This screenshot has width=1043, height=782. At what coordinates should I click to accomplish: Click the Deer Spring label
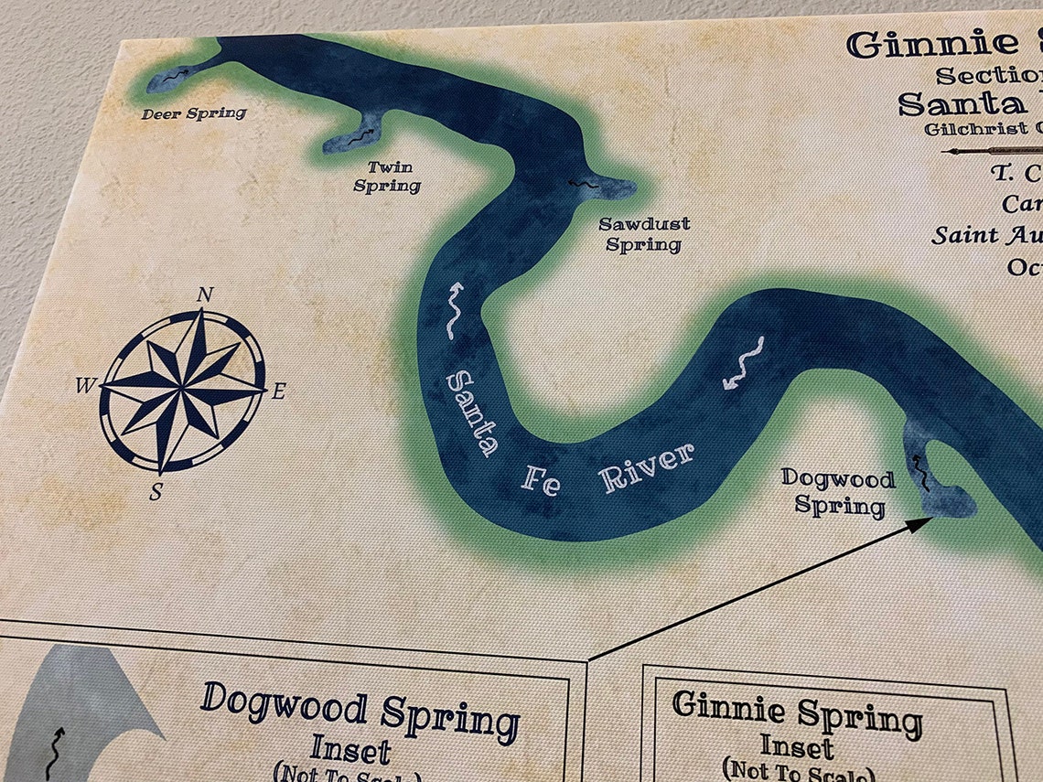194,113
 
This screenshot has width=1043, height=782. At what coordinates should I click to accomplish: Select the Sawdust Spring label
644,234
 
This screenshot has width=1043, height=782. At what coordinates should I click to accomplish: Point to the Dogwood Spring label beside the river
838,491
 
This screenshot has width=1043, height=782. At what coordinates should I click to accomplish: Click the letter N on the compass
206,295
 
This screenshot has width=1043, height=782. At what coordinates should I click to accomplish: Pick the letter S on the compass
156,493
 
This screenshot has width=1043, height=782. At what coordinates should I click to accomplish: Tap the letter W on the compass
85,386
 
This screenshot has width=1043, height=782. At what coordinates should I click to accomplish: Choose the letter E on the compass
279,392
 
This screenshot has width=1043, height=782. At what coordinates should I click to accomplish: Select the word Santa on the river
472,412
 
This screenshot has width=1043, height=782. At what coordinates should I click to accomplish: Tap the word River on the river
647,467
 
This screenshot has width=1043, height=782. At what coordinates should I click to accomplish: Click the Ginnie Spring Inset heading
796,713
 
